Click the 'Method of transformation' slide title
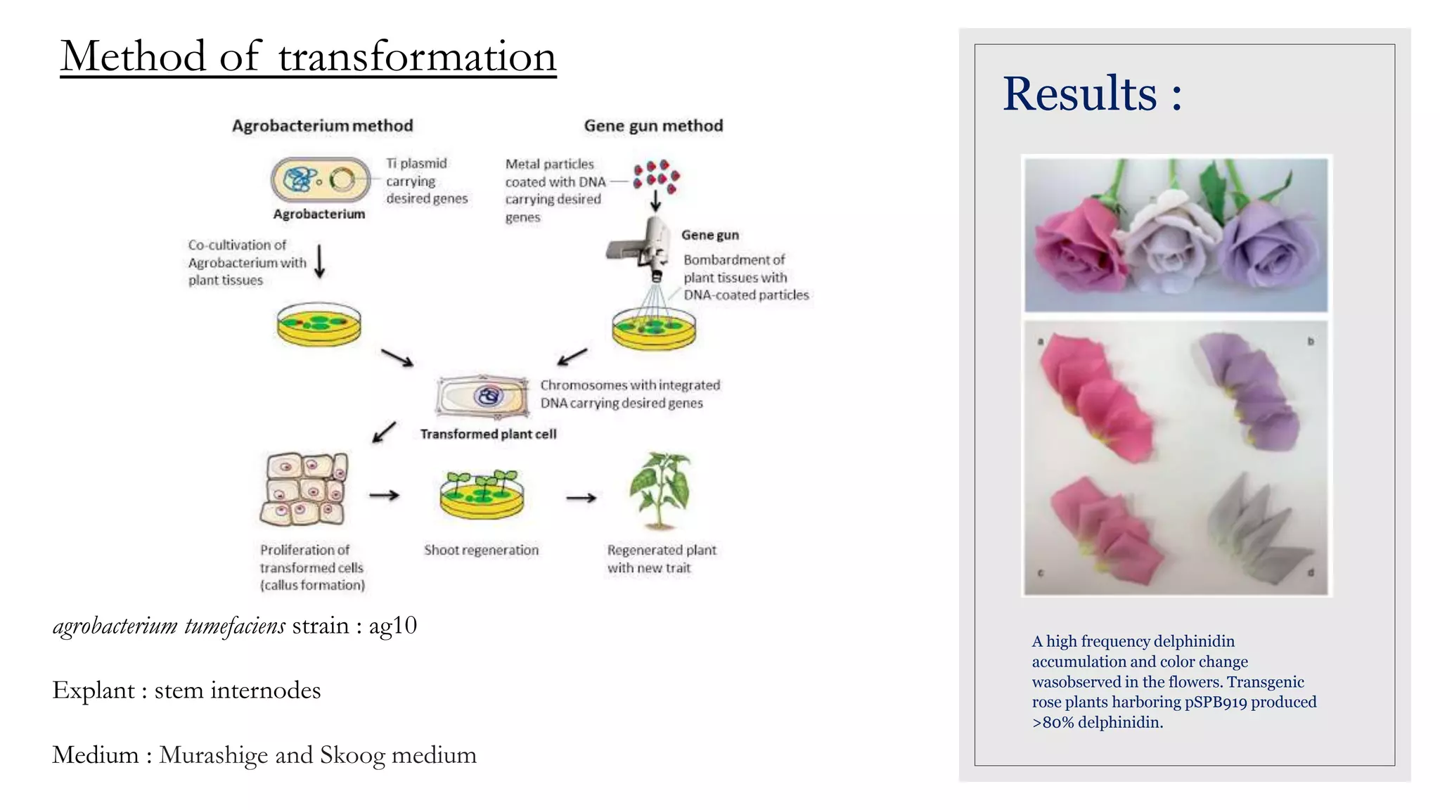click(x=308, y=56)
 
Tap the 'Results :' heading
click(x=1092, y=94)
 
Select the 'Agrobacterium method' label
click(x=323, y=126)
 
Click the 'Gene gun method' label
click(x=653, y=126)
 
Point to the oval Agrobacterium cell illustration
click(x=320, y=180)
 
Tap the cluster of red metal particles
click(x=655, y=176)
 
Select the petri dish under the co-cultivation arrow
click(x=319, y=325)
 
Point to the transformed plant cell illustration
click(x=482, y=397)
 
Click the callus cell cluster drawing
click(x=304, y=489)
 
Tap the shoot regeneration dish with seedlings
click(x=482, y=494)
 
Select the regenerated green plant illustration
click(x=660, y=491)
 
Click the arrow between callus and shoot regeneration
click(x=384, y=496)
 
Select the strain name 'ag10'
click(x=392, y=626)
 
